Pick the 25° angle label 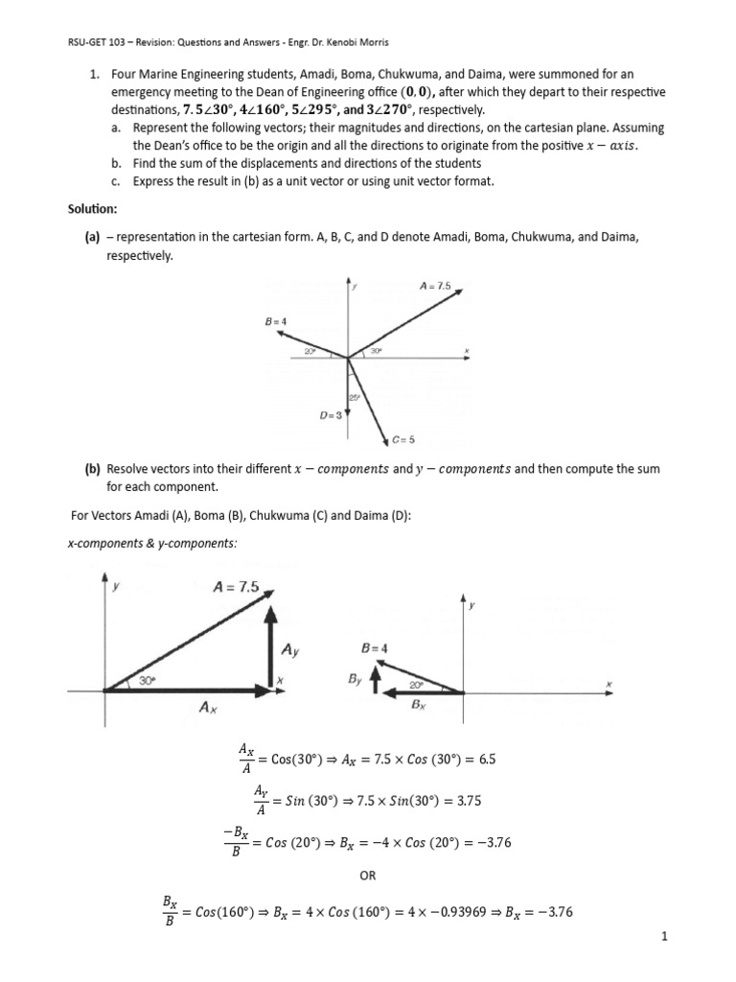pyautogui.click(x=354, y=396)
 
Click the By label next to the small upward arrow pyautogui.click(x=354, y=678)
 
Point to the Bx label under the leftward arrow pyautogui.click(x=418, y=704)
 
